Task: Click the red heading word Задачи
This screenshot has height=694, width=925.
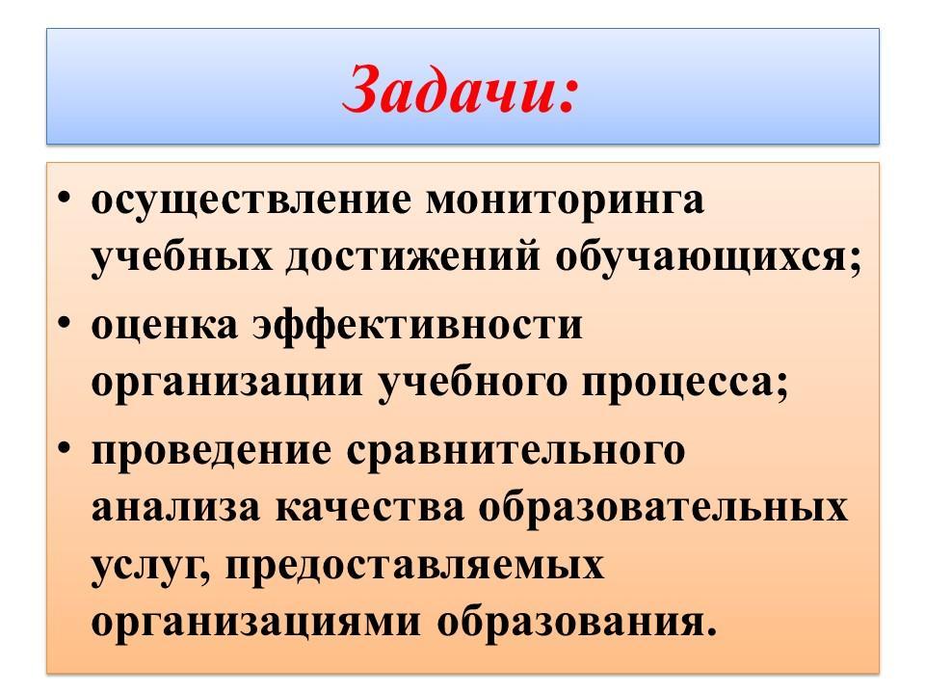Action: point(459,90)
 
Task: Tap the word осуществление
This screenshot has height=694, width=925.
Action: point(251,201)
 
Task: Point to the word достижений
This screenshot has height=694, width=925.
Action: point(413,258)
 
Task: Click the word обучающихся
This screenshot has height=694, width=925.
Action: point(701,258)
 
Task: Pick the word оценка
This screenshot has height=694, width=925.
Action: point(165,326)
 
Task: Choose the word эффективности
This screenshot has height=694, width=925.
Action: point(417,327)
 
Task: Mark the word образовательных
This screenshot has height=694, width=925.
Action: point(663,506)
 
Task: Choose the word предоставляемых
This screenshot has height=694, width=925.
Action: point(415,567)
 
